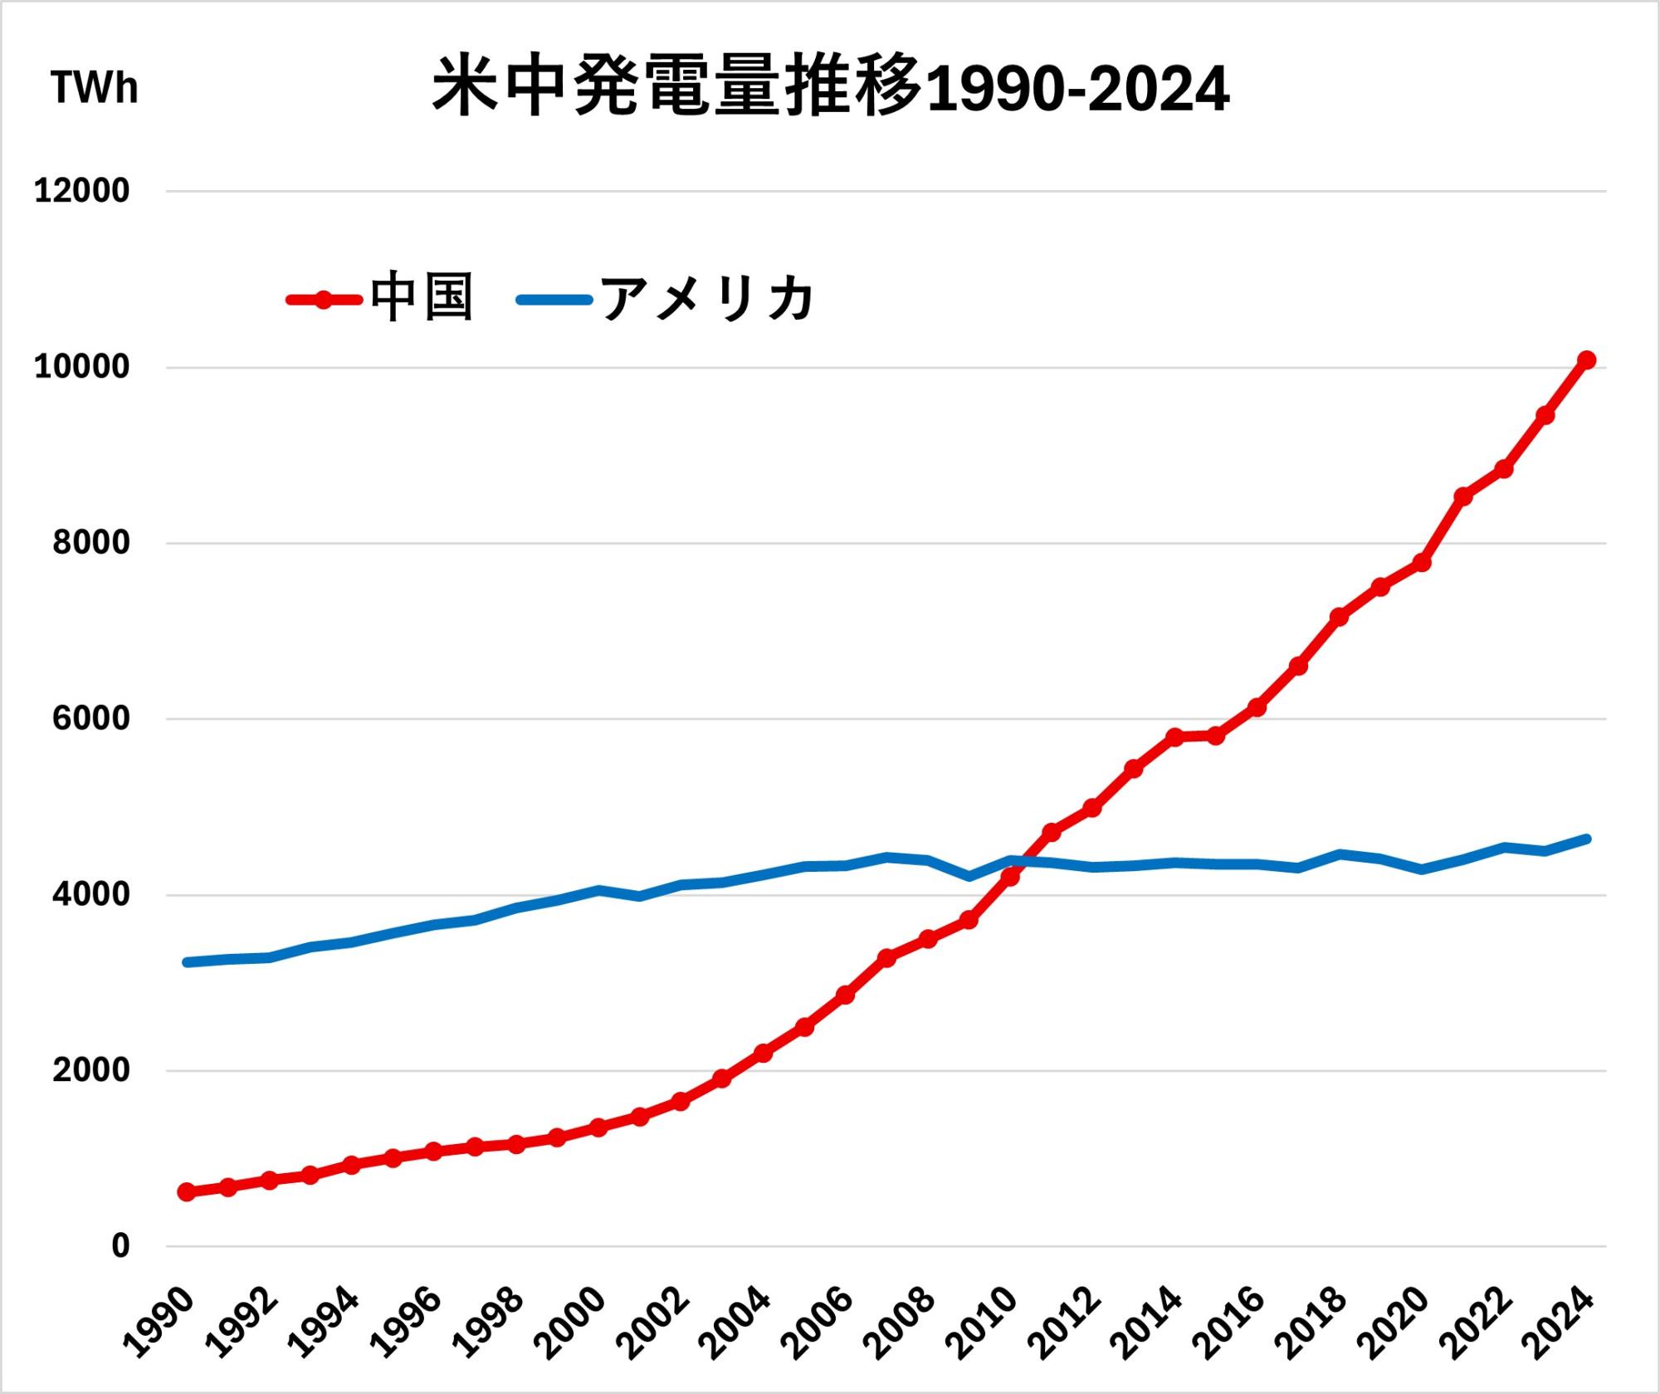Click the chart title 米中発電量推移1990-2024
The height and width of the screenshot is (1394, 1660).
click(830, 88)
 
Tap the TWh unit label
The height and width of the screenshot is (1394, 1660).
click(94, 88)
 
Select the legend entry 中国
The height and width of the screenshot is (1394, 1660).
click(422, 298)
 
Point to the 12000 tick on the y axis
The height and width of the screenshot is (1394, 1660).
click(81, 191)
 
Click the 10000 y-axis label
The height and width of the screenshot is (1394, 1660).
click(81, 367)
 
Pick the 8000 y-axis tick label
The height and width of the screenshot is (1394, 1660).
click(90, 543)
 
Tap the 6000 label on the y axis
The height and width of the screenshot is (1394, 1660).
click(90, 719)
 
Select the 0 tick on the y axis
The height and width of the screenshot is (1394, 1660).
click(120, 1246)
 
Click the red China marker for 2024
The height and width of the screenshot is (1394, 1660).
click(1586, 360)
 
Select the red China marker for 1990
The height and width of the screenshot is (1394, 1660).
click(187, 1192)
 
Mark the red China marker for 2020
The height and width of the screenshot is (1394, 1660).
click(1422, 562)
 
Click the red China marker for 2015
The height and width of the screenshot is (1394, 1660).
click(1216, 736)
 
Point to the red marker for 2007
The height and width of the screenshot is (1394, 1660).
click(886, 957)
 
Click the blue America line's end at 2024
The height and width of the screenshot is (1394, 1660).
click(1586, 839)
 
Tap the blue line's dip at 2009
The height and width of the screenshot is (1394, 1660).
click(969, 876)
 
